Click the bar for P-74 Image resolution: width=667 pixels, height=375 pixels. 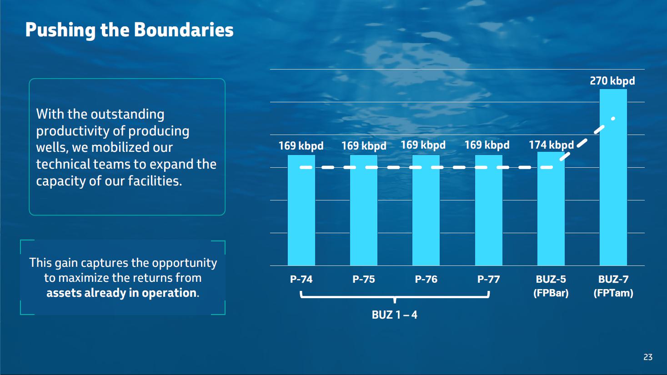pyautogui.click(x=301, y=210)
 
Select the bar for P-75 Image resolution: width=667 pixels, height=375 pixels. pyautogui.click(x=364, y=210)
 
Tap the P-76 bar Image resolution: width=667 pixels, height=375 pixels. pyautogui.click(x=426, y=210)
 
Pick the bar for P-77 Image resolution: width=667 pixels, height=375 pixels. pyautogui.click(x=488, y=210)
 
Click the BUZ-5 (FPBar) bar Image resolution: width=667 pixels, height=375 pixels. pyautogui.click(x=551, y=209)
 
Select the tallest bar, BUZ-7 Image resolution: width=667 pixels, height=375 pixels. pyautogui.click(x=613, y=177)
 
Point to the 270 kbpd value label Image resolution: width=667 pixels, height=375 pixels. pyautogui.click(x=612, y=80)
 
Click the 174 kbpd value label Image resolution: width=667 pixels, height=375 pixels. pyautogui.click(x=551, y=145)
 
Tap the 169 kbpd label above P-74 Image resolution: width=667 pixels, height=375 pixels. pyautogui.click(x=301, y=146)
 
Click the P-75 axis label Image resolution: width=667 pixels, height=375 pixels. pyautogui.click(x=364, y=279)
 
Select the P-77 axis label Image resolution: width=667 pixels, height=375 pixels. pyautogui.click(x=488, y=279)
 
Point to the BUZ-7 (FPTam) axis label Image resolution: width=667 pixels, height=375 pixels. pyautogui.click(x=613, y=286)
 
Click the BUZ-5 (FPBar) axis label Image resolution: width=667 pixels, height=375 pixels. pyautogui.click(x=551, y=286)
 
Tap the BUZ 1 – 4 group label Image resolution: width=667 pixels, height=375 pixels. pyautogui.click(x=395, y=315)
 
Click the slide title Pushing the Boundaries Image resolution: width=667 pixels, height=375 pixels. pyautogui.click(x=129, y=30)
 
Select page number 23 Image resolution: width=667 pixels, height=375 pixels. pyautogui.click(x=648, y=357)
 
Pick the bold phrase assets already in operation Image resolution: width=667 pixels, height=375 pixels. pyautogui.click(x=121, y=293)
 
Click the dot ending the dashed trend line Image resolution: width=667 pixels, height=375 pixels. pyautogui.click(x=613, y=119)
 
